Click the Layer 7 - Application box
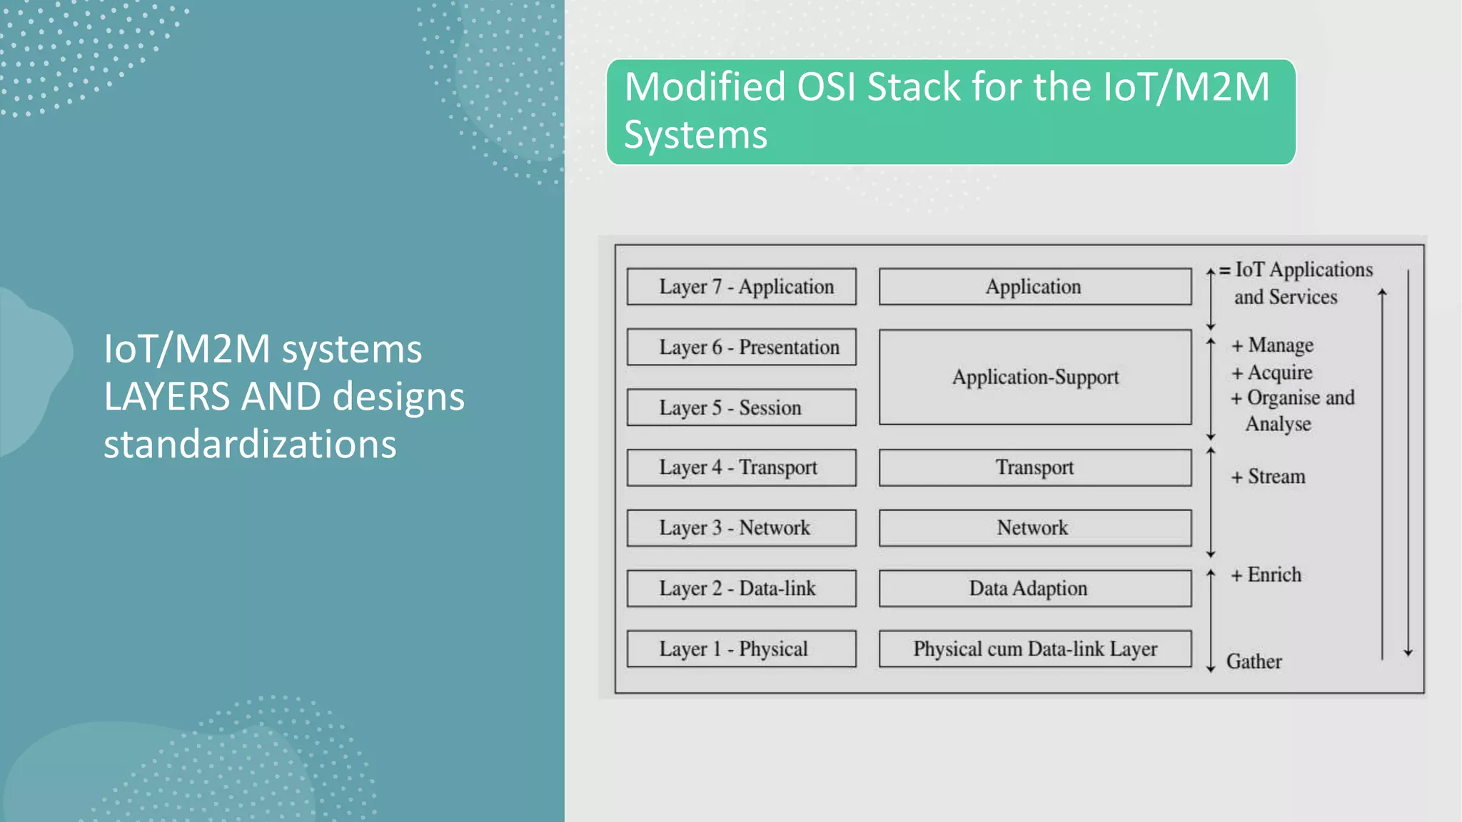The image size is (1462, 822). click(x=741, y=287)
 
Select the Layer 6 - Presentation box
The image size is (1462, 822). click(x=741, y=347)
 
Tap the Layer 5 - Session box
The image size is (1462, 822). click(x=741, y=407)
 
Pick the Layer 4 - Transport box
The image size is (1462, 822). click(x=741, y=468)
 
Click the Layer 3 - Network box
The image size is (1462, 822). click(x=741, y=528)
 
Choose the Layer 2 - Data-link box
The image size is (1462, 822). click(x=741, y=589)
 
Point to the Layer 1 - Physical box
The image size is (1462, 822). click(x=741, y=649)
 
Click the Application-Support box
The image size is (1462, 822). click(x=1035, y=377)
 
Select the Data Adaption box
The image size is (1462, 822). click(x=1035, y=589)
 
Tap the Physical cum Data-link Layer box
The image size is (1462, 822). click(x=1035, y=649)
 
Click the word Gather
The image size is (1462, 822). click(x=1254, y=662)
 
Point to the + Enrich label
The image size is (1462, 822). click(x=1266, y=575)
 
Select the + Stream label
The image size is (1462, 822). click(x=1269, y=477)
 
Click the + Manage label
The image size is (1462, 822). click(x=1273, y=345)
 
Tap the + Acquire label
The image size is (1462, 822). click(x=1272, y=372)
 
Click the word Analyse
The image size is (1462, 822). click(x=1278, y=425)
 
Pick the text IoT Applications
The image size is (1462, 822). click(x=1304, y=270)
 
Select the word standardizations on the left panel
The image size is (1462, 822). click(x=250, y=445)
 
